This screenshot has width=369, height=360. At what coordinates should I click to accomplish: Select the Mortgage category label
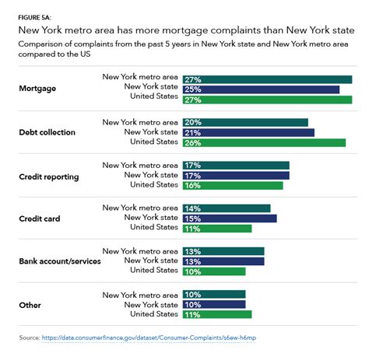37,89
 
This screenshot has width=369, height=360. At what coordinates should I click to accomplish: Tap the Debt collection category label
47,132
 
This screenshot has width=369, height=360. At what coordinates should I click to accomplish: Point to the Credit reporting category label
48,177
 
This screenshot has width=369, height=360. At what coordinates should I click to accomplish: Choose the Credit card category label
39,219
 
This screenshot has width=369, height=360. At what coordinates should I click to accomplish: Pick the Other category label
30,305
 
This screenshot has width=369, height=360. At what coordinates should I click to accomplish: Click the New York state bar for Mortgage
261,89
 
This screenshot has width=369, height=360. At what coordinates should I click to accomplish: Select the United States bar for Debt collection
264,143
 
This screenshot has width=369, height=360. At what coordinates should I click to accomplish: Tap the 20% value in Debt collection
192,122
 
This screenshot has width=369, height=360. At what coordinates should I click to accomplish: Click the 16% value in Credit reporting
192,186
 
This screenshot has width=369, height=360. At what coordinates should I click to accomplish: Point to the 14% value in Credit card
192,208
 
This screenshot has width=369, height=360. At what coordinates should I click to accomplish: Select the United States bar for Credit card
217,229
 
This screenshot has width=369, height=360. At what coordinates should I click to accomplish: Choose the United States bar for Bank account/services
214,271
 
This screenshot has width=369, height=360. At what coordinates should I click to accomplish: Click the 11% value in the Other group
192,314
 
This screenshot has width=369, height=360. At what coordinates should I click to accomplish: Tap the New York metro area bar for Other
214,294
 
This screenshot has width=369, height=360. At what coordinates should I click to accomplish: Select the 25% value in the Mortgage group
192,89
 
